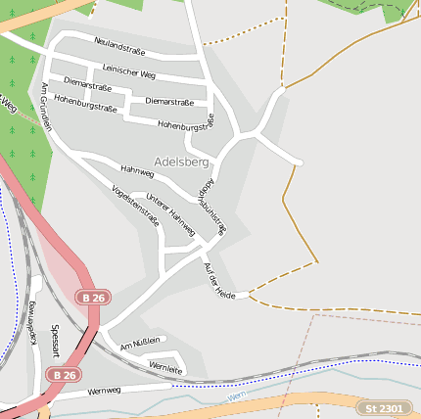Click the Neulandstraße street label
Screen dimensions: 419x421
(x=119, y=46)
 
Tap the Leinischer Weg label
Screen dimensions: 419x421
(x=129, y=72)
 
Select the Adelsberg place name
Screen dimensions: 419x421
(x=181, y=162)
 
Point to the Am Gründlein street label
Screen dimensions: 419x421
(x=45, y=109)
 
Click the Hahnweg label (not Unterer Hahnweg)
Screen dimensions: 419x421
(x=137, y=172)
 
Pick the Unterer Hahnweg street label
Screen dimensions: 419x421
(x=169, y=214)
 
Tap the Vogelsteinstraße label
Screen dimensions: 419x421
(x=135, y=206)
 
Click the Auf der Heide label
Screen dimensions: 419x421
(x=219, y=280)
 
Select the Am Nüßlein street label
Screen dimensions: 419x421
(x=139, y=345)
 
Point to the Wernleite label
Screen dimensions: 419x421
(x=165, y=368)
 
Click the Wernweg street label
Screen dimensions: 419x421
(x=103, y=391)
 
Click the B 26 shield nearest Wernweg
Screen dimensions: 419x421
(x=64, y=375)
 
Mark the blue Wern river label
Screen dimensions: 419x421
(x=233, y=396)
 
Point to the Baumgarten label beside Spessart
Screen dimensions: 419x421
(x=32, y=323)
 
